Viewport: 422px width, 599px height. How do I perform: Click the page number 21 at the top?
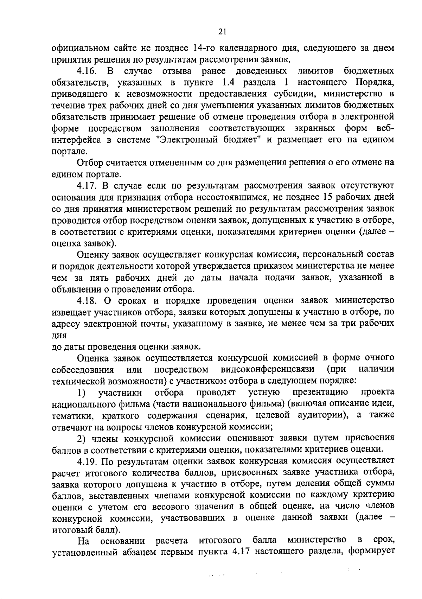(222, 32)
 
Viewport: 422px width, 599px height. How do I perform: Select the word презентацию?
(320, 393)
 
